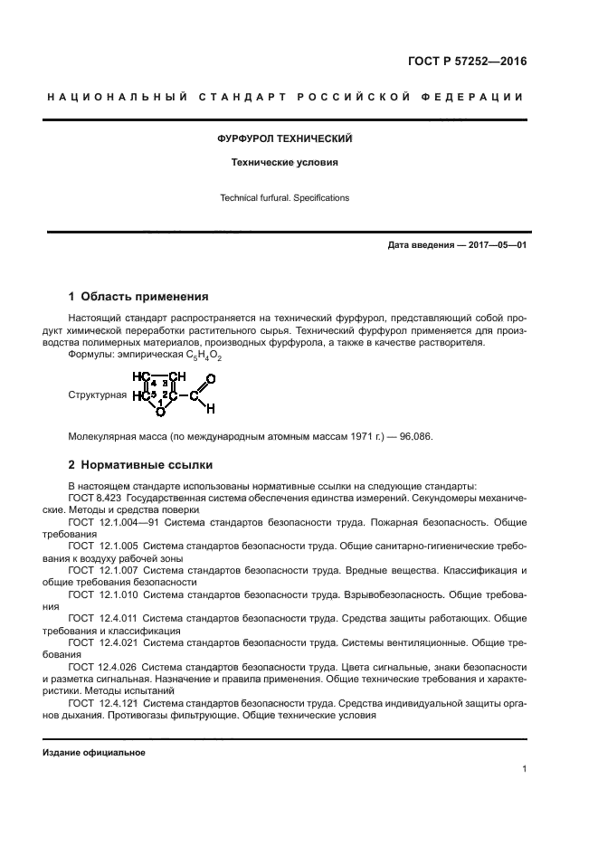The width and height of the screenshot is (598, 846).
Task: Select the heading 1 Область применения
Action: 139,296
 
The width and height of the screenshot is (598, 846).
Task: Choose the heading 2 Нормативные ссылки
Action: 141,465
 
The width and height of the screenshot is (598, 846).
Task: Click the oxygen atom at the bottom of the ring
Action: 159,412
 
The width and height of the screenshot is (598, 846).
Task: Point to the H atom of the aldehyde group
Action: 210,409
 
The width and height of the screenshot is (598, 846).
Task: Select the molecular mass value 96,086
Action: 413,436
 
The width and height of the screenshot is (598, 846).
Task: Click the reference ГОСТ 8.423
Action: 93,499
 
